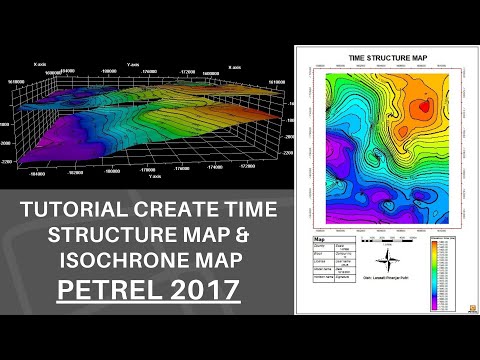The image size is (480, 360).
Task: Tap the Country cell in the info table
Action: (x=323, y=249)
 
